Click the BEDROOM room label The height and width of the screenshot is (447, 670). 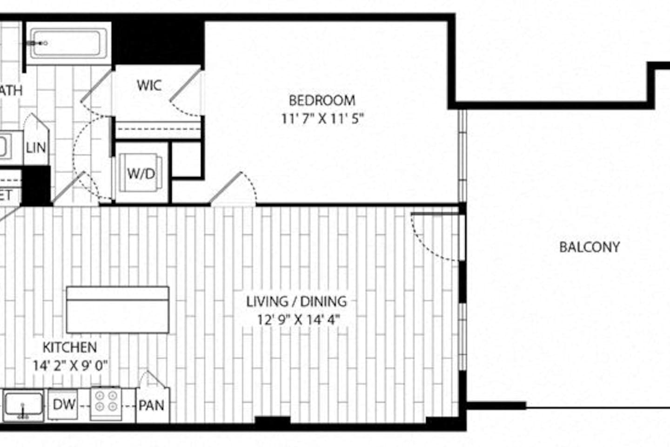click(x=322, y=100)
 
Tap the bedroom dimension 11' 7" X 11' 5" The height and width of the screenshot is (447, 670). click(x=322, y=119)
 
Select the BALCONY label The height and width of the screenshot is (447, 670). click(x=589, y=247)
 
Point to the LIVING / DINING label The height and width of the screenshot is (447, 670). click(x=296, y=301)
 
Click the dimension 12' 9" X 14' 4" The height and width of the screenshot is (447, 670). click(x=298, y=320)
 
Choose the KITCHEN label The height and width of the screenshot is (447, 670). click(x=70, y=347)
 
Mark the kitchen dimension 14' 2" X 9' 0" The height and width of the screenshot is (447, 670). click(x=70, y=366)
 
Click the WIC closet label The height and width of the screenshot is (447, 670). click(x=149, y=85)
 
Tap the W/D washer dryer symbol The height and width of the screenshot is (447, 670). click(x=141, y=173)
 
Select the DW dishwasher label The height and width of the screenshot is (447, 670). click(x=64, y=404)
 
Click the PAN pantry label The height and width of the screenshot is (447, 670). click(x=152, y=405)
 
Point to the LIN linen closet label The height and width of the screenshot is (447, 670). click(x=36, y=148)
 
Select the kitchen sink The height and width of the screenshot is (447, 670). click(x=23, y=403)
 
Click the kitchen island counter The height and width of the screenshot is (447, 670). click(x=117, y=309)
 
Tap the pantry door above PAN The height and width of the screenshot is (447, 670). click(x=152, y=379)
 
